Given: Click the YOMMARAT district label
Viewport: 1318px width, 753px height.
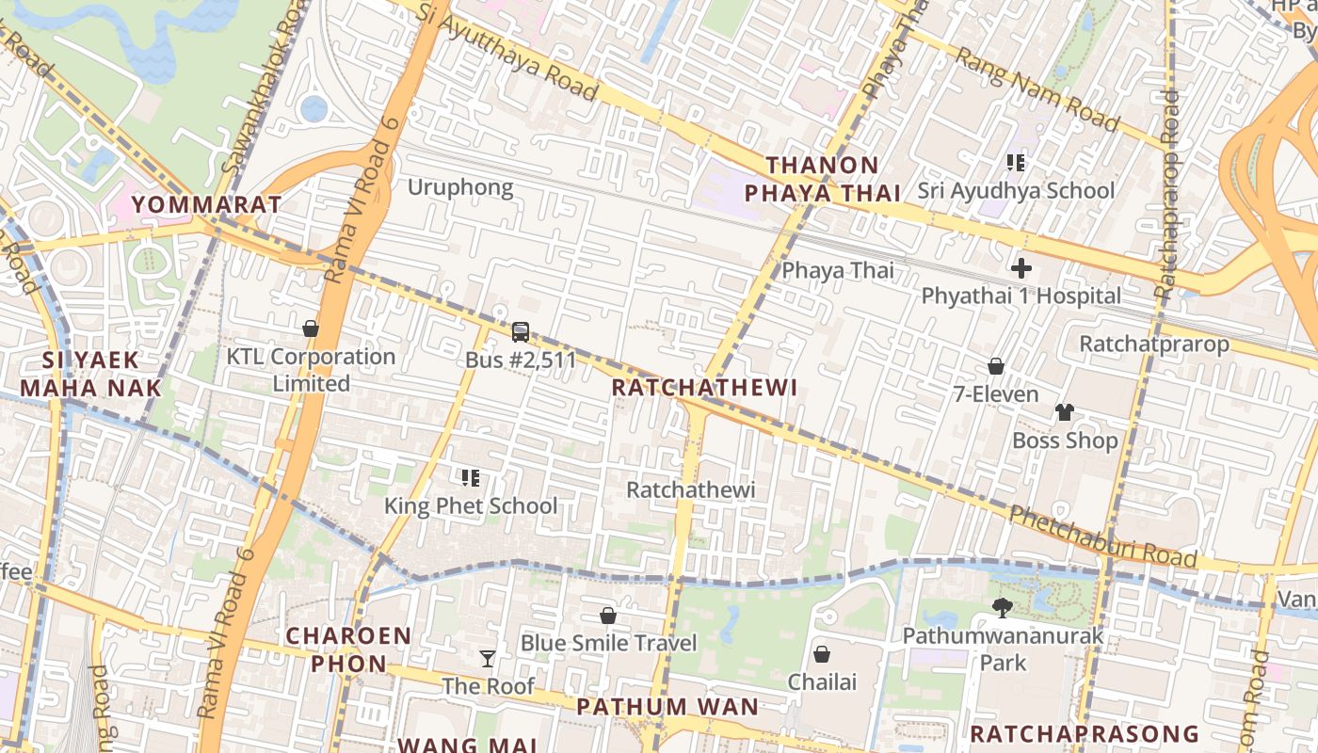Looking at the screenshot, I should [206, 204].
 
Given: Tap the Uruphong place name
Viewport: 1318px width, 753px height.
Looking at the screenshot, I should [460, 187].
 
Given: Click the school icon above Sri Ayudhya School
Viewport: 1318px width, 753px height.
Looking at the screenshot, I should [1015, 163].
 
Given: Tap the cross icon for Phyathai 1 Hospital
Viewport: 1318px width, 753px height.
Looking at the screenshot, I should [1021, 268].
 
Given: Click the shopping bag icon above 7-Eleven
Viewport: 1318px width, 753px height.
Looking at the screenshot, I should [995, 366].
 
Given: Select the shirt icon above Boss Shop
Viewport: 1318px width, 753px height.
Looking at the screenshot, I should [1065, 412].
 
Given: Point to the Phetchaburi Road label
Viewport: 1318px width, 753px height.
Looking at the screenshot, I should [1102, 537].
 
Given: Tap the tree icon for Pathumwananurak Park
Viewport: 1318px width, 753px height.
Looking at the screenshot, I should [1002, 608].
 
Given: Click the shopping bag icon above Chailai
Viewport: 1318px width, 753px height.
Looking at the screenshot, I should [822, 653].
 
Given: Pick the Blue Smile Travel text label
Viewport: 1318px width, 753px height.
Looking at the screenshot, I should [608, 643].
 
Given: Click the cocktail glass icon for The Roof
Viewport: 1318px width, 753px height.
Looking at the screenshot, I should [487, 658].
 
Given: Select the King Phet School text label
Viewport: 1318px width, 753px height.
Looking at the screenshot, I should [471, 505].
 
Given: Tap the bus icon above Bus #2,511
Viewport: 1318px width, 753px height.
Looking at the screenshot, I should [520, 331].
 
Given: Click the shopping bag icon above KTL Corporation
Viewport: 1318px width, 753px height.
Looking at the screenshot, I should [310, 328].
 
